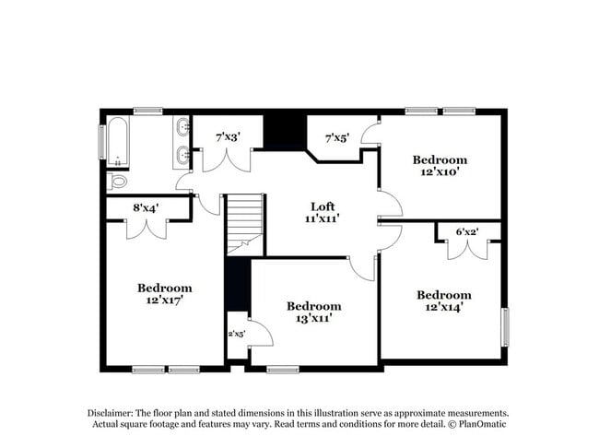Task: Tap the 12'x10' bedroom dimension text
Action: [440, 171]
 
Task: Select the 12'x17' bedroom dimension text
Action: [165, 300]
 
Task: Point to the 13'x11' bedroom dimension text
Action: [313, 318]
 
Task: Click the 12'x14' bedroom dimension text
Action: [443, 307]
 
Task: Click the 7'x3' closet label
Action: [228, 136]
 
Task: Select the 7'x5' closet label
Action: [337, 137]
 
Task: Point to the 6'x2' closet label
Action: [468, 232]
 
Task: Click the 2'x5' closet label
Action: [236, 333]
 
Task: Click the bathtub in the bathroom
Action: [116, 142]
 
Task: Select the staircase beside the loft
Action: [245, 224]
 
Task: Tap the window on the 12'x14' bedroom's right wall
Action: [505, 326]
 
